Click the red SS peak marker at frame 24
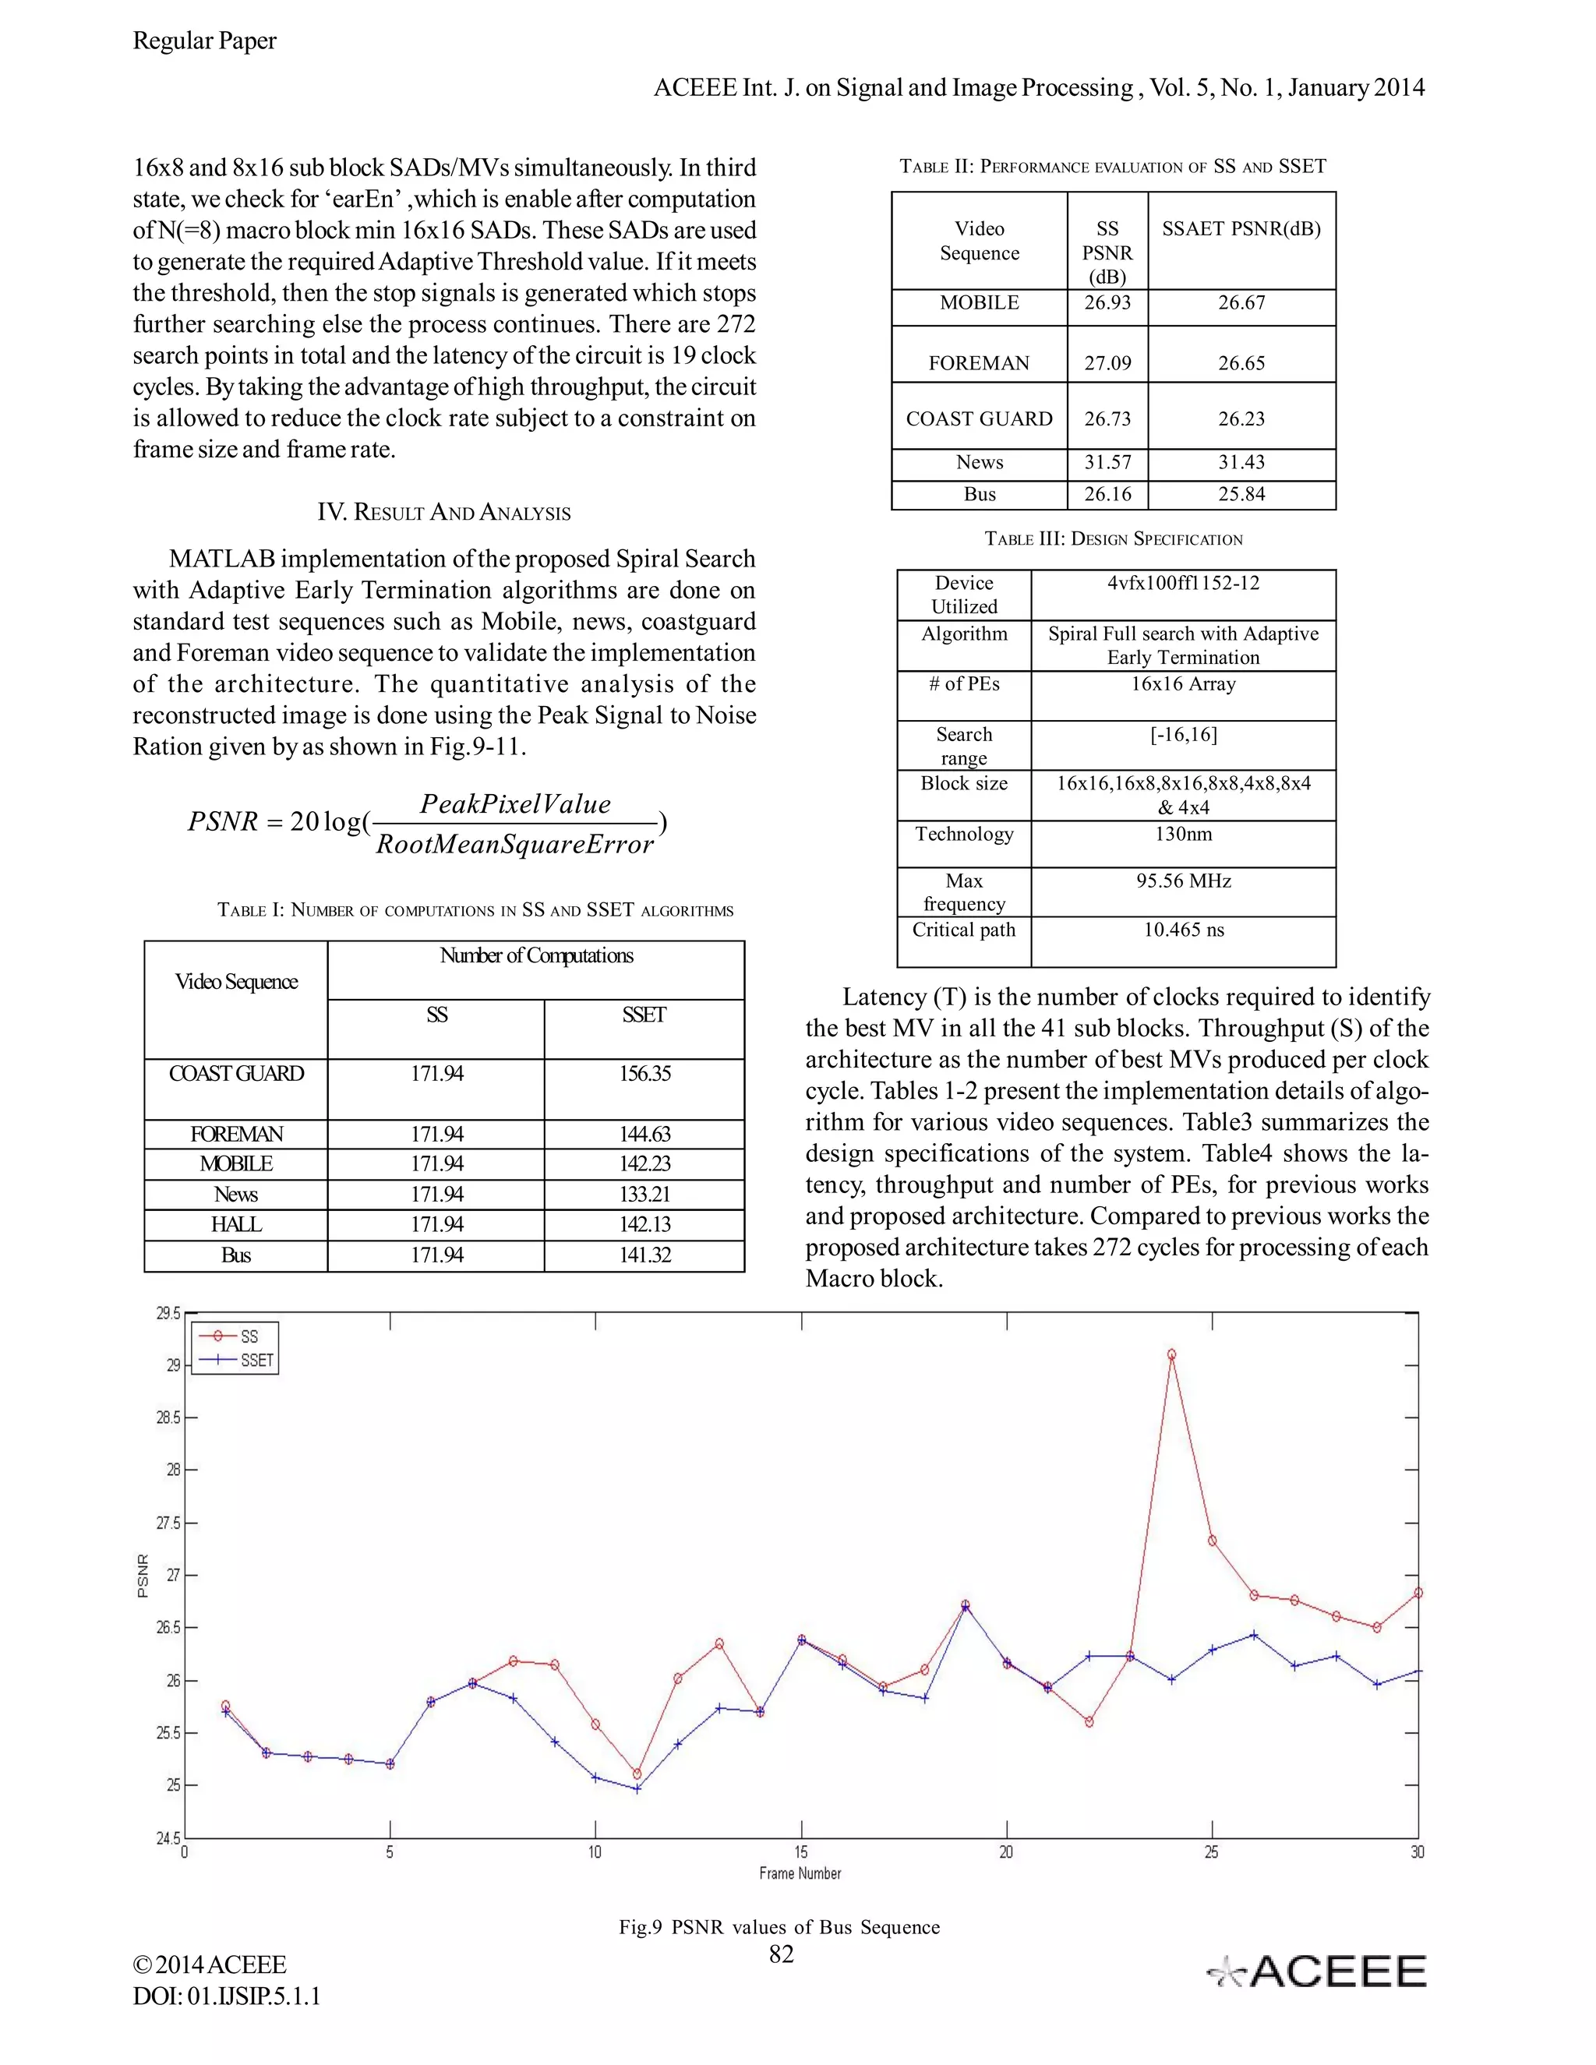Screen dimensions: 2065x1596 click(1171, 1355)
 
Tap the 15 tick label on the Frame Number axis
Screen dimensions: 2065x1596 click(801, 1852)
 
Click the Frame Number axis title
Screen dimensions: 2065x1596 click(800, 1873)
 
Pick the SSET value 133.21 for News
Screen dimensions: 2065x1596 click(644, 1194)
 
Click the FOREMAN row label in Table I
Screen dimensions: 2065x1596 click(236, 1134)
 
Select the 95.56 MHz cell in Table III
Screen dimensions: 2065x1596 click(1183, 881)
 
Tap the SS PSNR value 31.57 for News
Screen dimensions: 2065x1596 click(1107, 462)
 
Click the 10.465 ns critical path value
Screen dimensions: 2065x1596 click(1183, 930)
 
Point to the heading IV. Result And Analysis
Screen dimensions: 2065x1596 click(443, 513)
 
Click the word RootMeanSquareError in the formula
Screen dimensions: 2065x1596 click(514, 845)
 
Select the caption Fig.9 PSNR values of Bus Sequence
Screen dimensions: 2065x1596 click(779, 1927)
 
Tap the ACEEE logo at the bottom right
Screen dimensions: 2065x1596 click(1317, 1972)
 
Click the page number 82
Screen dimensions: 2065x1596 click(781, 1954)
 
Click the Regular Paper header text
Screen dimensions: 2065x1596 click(204, 41)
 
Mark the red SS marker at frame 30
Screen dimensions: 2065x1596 click(1418, 1594)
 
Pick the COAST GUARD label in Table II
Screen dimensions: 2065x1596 click(979, 419)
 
